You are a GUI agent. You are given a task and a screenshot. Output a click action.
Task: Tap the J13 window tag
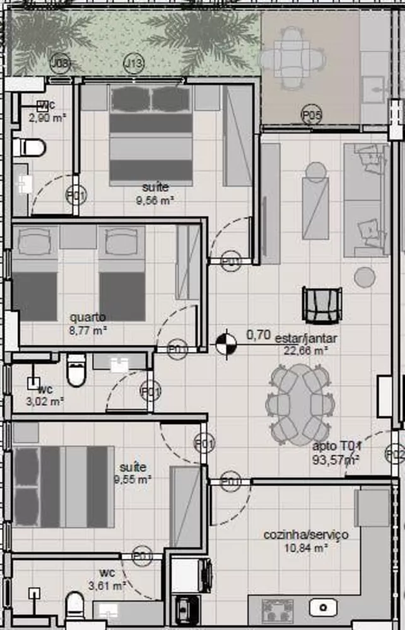133,63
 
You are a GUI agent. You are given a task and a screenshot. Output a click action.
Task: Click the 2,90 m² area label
47,117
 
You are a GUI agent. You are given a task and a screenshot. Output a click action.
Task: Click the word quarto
88,317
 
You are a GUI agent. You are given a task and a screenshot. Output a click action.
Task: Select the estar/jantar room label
306,338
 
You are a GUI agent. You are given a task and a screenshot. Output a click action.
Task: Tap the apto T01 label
336,447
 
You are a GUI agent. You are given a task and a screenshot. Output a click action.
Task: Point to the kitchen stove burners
278,610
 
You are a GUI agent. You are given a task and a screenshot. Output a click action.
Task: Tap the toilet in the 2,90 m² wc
30,148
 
